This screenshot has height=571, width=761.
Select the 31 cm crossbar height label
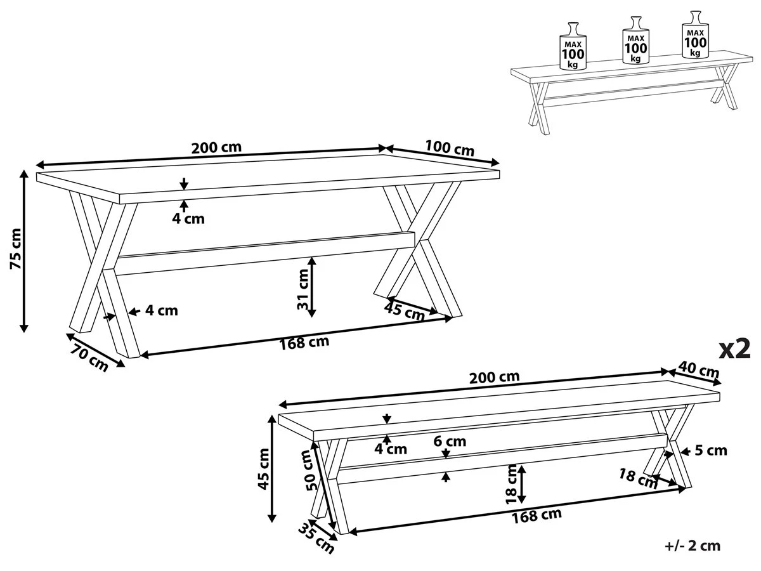click(x=303, y=289)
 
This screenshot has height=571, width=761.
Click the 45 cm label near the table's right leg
click(x=404, y=312)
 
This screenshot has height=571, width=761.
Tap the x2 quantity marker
click(x=734, y=348)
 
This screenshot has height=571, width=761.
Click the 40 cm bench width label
click(x=699, y=369)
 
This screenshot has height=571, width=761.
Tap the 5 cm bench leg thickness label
click(x=710, y=451)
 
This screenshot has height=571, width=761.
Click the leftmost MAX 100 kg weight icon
click(x=573, y=46)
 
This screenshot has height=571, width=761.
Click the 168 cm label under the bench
click(x=538, y=515)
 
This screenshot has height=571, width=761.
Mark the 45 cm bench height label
click(x=263, y=470)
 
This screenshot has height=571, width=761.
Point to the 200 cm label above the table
click(x=216, y=148)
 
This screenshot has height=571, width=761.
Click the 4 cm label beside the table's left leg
click(x=161, y=311)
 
